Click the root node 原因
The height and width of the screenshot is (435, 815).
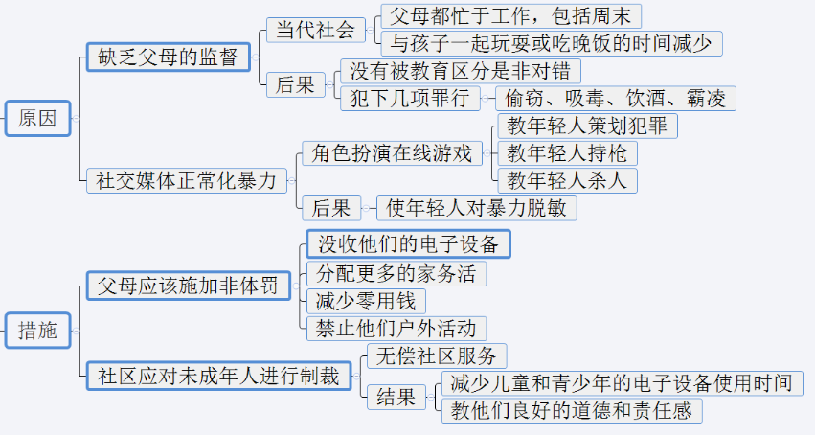[x=37, y=119]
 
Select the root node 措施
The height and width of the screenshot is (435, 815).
[x=37, y=332]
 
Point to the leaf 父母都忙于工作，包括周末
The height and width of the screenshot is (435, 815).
[x=510, y=16]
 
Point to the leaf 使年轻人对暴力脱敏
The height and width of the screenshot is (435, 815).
[x=476, y=208]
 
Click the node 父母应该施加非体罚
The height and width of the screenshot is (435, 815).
[x=187, y=286]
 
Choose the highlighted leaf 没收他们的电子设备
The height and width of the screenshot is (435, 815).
[x=408, y=243]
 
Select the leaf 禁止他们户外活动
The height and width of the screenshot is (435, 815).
[x=396, y=328]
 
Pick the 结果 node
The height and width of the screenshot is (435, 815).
[x=396, y=397]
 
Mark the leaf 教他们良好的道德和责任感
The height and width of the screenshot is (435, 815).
[x=572, y=411]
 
